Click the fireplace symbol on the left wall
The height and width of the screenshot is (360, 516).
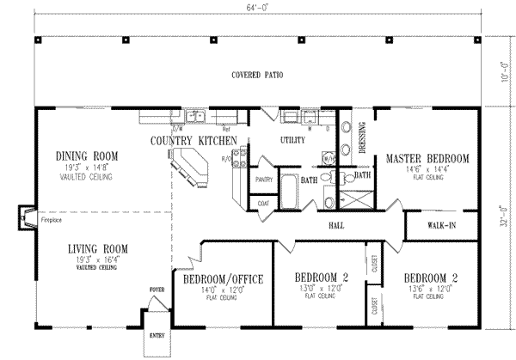[x=26, y=218]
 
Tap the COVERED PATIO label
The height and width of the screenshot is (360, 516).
[x=257, y=76]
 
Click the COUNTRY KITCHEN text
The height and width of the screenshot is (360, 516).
[x=193, y=140]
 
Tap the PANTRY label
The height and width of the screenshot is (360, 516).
[x=265, y=180]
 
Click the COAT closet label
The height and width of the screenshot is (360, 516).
[x=262, y=203]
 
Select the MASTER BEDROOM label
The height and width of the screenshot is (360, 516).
[x=427, y=159]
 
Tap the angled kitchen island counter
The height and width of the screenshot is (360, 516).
[x=191, y=167]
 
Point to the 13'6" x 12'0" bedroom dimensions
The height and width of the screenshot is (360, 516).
[x=427, y=290]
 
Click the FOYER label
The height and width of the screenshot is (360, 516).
[x=157, y=290]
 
